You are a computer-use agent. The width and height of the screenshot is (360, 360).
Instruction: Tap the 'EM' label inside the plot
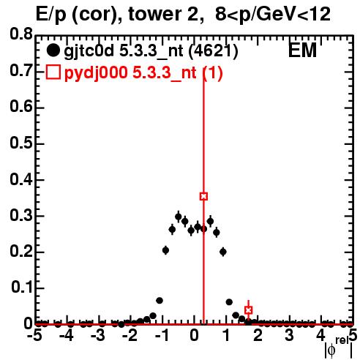pos(302,50)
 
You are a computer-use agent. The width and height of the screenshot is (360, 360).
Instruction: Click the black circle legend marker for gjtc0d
pos(53,50)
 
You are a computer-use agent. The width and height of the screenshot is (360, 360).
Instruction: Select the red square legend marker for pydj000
pos(53,72)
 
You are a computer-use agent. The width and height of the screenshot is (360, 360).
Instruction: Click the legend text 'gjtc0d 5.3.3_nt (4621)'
pos(151,51)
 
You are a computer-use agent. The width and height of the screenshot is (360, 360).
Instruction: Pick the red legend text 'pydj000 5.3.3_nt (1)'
pos(143,73)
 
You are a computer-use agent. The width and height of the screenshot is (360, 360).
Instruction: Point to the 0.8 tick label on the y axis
pos(21,34)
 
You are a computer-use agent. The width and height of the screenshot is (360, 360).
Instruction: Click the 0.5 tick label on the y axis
pos(21,143)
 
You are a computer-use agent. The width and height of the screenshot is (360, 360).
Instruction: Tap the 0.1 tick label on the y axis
pos(21,287)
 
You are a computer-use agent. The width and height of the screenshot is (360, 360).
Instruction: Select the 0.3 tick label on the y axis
pos(21,215)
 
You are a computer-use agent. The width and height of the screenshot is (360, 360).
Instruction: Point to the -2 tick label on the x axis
pos(130,336)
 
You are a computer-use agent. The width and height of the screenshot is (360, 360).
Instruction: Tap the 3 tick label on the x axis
pos(289,336)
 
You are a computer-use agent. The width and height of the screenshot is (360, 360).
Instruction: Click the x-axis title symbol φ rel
pos(338,348)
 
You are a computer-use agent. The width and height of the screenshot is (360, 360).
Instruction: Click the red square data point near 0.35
pos(203,196)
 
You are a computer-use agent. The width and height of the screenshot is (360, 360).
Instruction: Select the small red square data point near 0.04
pos(248,310)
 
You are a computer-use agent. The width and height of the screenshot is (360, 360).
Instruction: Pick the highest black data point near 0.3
pos(179,217)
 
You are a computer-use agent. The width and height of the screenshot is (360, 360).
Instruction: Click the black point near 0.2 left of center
pos(165,250)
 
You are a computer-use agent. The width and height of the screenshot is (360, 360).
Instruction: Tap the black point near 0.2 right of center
pos(223,252)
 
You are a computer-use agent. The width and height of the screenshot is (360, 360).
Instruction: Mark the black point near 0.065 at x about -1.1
pos(160,301)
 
